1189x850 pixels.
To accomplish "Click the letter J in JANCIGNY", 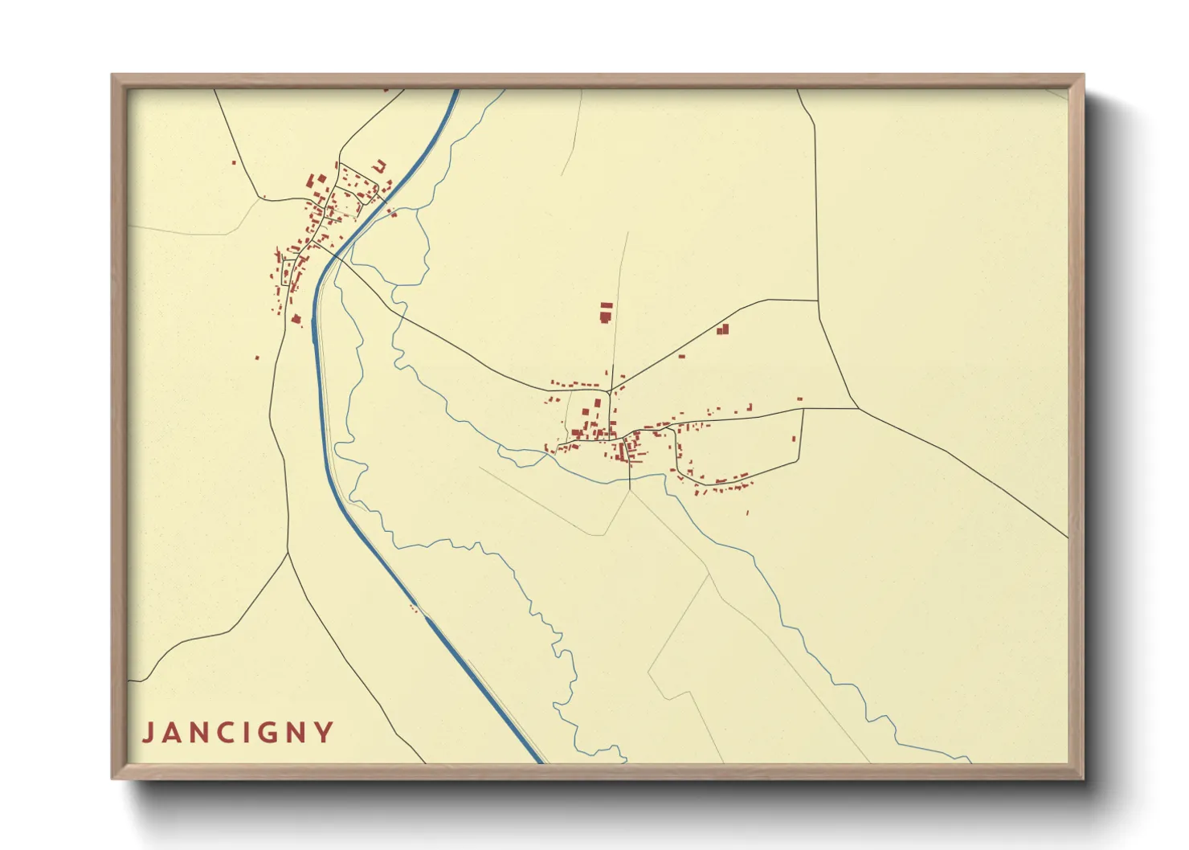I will [x=148, y=733].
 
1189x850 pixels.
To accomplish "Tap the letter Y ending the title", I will [x=325, y=733].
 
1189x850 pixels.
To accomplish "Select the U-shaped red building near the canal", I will [x=379, y=166].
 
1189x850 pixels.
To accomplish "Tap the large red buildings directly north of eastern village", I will [x=606, y=313].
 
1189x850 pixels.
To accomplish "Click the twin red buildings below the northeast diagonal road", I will [x=722, y=329].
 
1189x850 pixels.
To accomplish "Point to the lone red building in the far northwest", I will [x=234, y=163].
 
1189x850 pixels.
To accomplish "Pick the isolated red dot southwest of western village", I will [x=257, y=358].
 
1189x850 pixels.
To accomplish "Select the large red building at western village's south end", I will [x=296, y=319].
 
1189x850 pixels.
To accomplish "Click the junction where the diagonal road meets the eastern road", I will [x=611, y=390].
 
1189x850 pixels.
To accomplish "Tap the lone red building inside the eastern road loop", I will [x=795, y=439].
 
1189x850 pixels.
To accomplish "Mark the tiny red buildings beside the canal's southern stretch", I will [x=414, y=608].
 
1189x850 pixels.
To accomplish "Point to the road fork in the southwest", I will [x=288, y=552].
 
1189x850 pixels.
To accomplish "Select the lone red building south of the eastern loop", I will [x=748, y=512].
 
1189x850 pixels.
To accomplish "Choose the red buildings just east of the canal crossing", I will [x=392, y=213].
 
